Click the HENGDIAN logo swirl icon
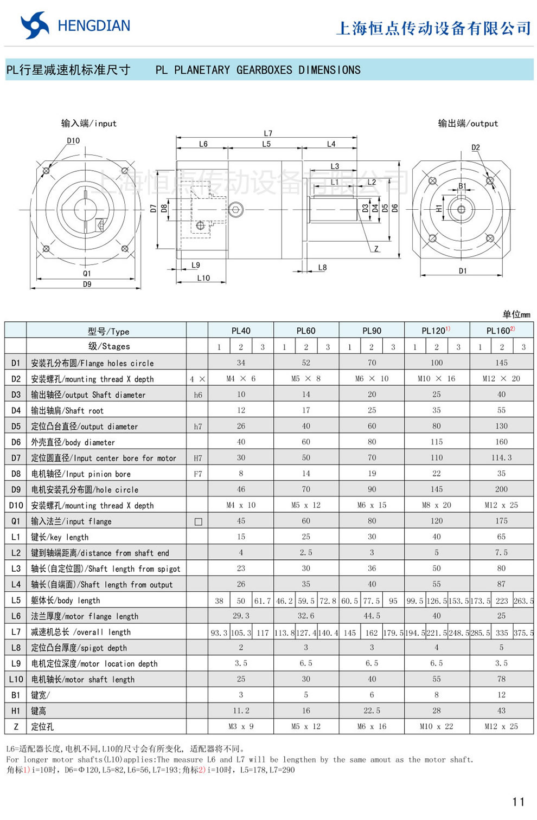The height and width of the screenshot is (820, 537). pos(34,25)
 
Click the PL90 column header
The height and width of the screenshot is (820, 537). pos(372,331)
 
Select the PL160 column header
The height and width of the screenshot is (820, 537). pos(500,331)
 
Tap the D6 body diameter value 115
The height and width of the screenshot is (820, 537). pos(437,442)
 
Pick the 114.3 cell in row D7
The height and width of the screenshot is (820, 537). pos(501,457)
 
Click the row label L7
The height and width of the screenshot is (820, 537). pos(16,632)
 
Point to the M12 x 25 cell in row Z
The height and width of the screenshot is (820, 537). pos(501,726)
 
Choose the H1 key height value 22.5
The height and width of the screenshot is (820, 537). pos(372,711)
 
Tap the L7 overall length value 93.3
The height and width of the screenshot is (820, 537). pos(219,632)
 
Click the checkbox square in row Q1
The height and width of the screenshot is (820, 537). pos(198,521)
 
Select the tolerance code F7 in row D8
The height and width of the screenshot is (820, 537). pos(198,474)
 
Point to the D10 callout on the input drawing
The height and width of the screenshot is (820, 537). pos(73,140)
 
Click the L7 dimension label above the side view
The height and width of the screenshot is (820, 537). pos(268,133)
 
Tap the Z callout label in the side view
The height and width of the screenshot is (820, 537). pos(376,249)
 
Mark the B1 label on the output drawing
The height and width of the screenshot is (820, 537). pos(462,186)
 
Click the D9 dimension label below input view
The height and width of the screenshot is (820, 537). pos(87,284)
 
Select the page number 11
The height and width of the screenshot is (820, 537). pos(518,802)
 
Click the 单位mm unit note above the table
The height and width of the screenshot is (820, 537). pos(516,314)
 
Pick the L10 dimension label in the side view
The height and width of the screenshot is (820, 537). pos(203,278)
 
